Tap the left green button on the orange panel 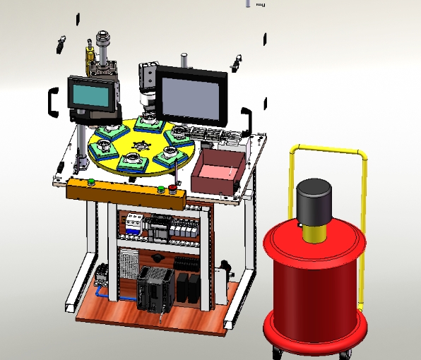tap(91, 181)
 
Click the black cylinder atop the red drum tap(314, 200)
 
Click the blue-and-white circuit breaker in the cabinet tap(132, 225)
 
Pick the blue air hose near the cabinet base tap(98, 288)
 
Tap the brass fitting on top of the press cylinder tap(90, 54)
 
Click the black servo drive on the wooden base tap(155, 289)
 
